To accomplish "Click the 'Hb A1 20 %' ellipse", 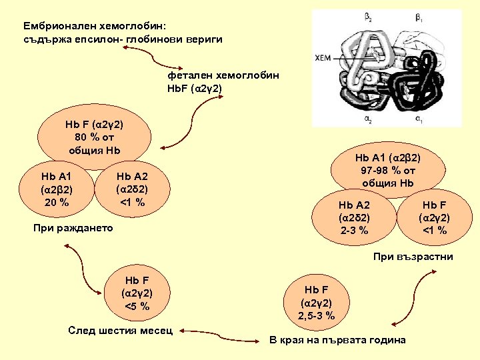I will [57, 189].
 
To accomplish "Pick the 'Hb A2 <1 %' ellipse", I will [132, 189].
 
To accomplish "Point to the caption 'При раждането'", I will [73, 229].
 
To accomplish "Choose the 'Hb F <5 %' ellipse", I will [137, 293].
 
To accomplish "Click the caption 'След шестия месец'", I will [121, 330].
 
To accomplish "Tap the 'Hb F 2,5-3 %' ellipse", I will [316, 303].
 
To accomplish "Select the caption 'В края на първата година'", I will [337, 340].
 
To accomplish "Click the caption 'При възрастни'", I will [413, 256].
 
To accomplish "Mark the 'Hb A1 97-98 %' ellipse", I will [389, 170].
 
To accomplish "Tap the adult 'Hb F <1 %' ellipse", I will [434, 217].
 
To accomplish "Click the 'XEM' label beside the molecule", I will [322, 57].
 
